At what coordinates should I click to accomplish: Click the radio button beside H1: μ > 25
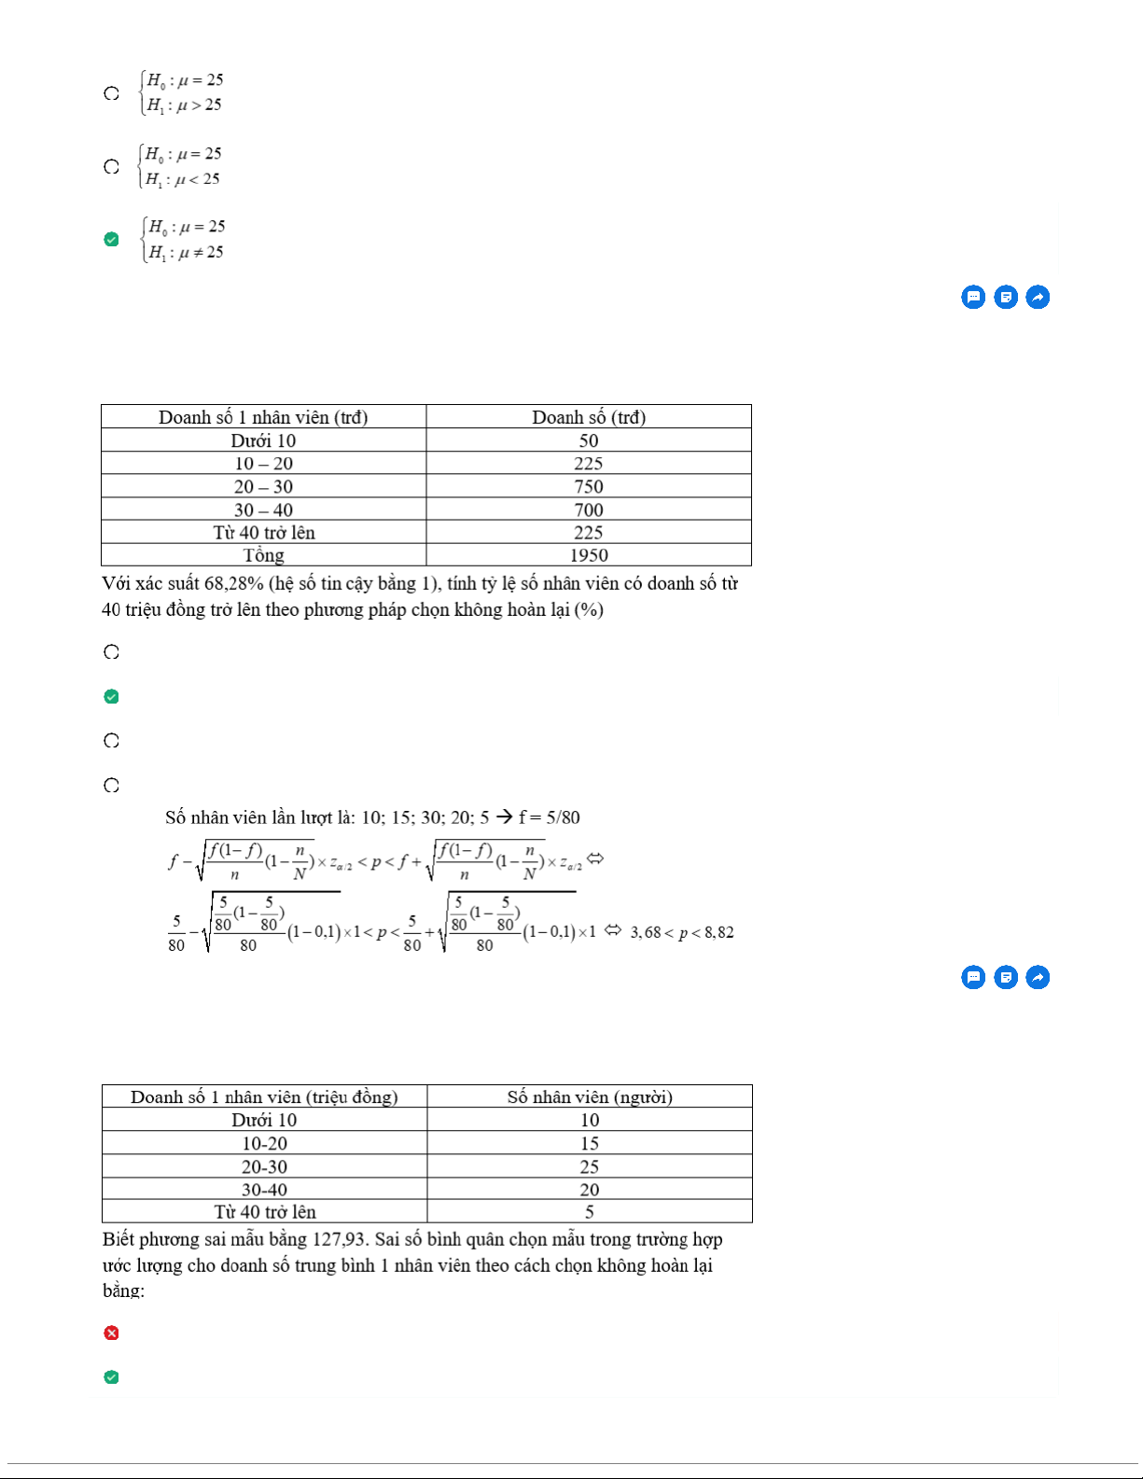[111, 93]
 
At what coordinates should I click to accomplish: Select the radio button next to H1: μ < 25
[111, 167]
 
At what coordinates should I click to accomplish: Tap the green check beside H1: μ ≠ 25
[111, 240]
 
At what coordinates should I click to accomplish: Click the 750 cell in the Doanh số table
[589, 486]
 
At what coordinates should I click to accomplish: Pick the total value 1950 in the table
[589, 555]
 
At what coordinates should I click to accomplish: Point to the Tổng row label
[263, 555]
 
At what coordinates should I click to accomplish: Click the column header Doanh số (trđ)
[589, 417]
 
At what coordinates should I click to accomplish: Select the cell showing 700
[589, 509]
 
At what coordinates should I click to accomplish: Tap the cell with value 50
[589, 440]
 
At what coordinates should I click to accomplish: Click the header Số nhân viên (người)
[590, 1097]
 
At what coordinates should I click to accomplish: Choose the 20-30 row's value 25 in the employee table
[590, 1166]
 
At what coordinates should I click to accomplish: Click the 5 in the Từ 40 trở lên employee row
[590, 1212]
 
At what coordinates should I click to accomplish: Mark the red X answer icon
[111, 1332]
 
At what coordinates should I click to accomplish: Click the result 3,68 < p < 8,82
[682, 932]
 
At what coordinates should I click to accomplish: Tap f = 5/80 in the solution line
[550, 817]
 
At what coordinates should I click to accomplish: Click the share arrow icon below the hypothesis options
[1038, 297]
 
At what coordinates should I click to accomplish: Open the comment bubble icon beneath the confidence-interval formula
[973, 977]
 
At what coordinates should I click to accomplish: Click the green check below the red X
[111, 1377]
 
